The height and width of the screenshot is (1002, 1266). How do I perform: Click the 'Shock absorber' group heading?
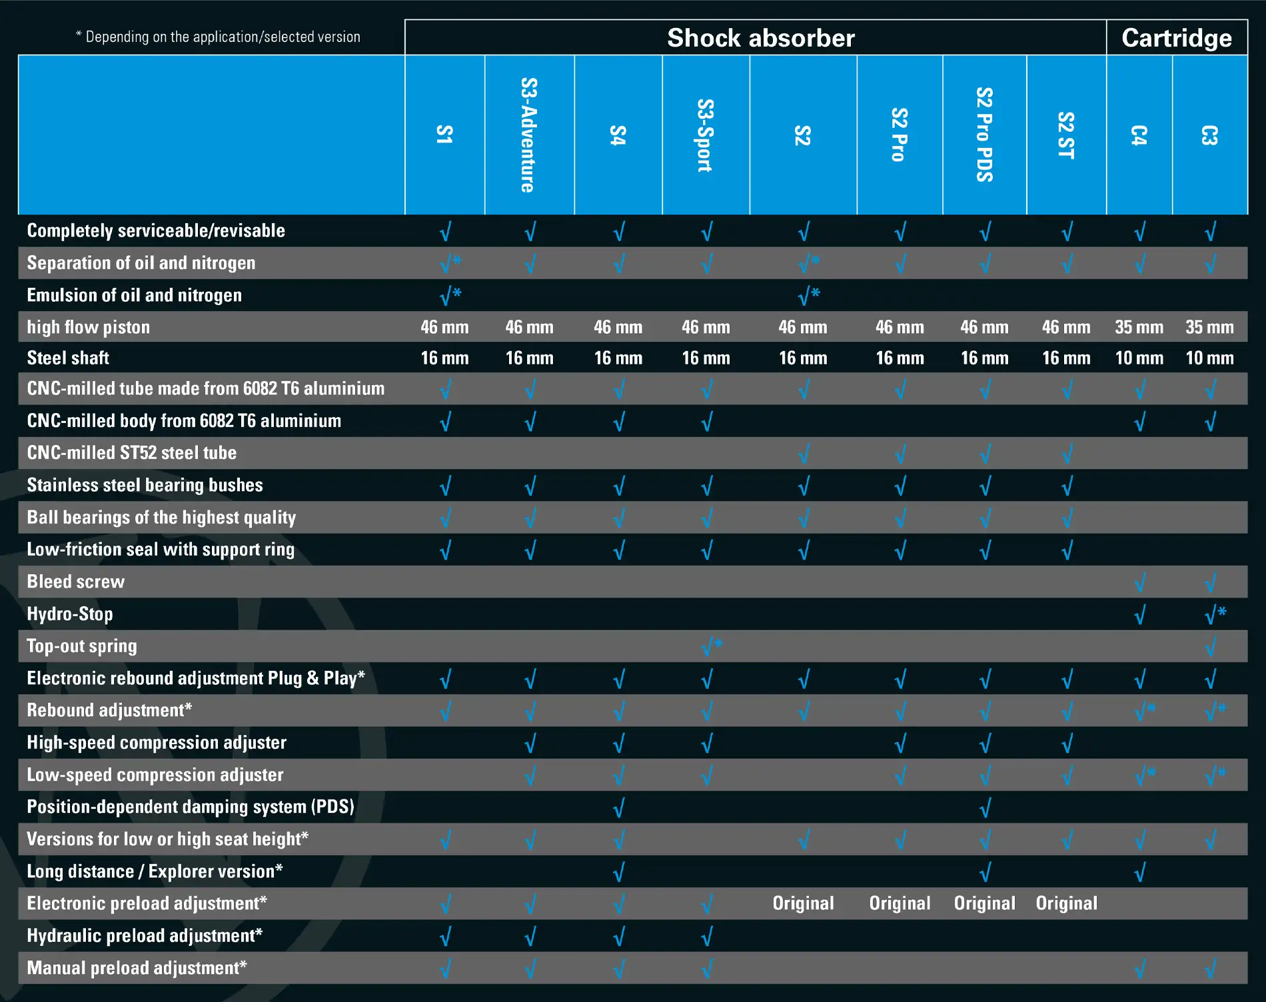click(x=760, y=38)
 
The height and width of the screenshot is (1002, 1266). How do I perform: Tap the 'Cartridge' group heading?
click(x=1176, y=38)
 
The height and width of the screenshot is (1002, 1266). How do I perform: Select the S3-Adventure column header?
click(x=529, y=135)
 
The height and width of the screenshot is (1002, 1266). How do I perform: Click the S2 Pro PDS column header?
click(x=984, y=135)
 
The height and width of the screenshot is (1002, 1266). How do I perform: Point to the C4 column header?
click(x=1139, y=135)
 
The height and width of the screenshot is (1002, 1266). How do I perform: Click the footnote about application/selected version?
click(x=218, y=37)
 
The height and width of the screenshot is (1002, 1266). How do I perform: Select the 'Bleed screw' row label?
click(x=76, y=582)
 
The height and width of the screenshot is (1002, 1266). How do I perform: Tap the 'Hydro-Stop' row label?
click(x=70, y=614)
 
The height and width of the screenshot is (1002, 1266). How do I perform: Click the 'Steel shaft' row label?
click(x=68, y=358)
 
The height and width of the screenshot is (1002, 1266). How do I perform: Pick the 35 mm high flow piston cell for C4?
click(x=1139, y=327)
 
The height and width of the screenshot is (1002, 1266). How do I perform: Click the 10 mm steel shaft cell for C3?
click(x=1209, y=358)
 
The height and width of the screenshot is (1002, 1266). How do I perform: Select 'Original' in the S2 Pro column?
click(x=900, y=903)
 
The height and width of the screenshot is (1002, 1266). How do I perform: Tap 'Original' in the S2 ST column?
click(x=1066, y=903)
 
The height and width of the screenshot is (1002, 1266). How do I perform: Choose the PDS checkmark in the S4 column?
click(x=618, y=807)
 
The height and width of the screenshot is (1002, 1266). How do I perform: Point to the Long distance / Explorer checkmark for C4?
click(x=1139, y=871)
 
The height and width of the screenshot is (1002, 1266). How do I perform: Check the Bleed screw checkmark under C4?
click(x=1139, y=582)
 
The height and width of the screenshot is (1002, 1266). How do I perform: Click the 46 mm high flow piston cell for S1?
click(x=444, y=327)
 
